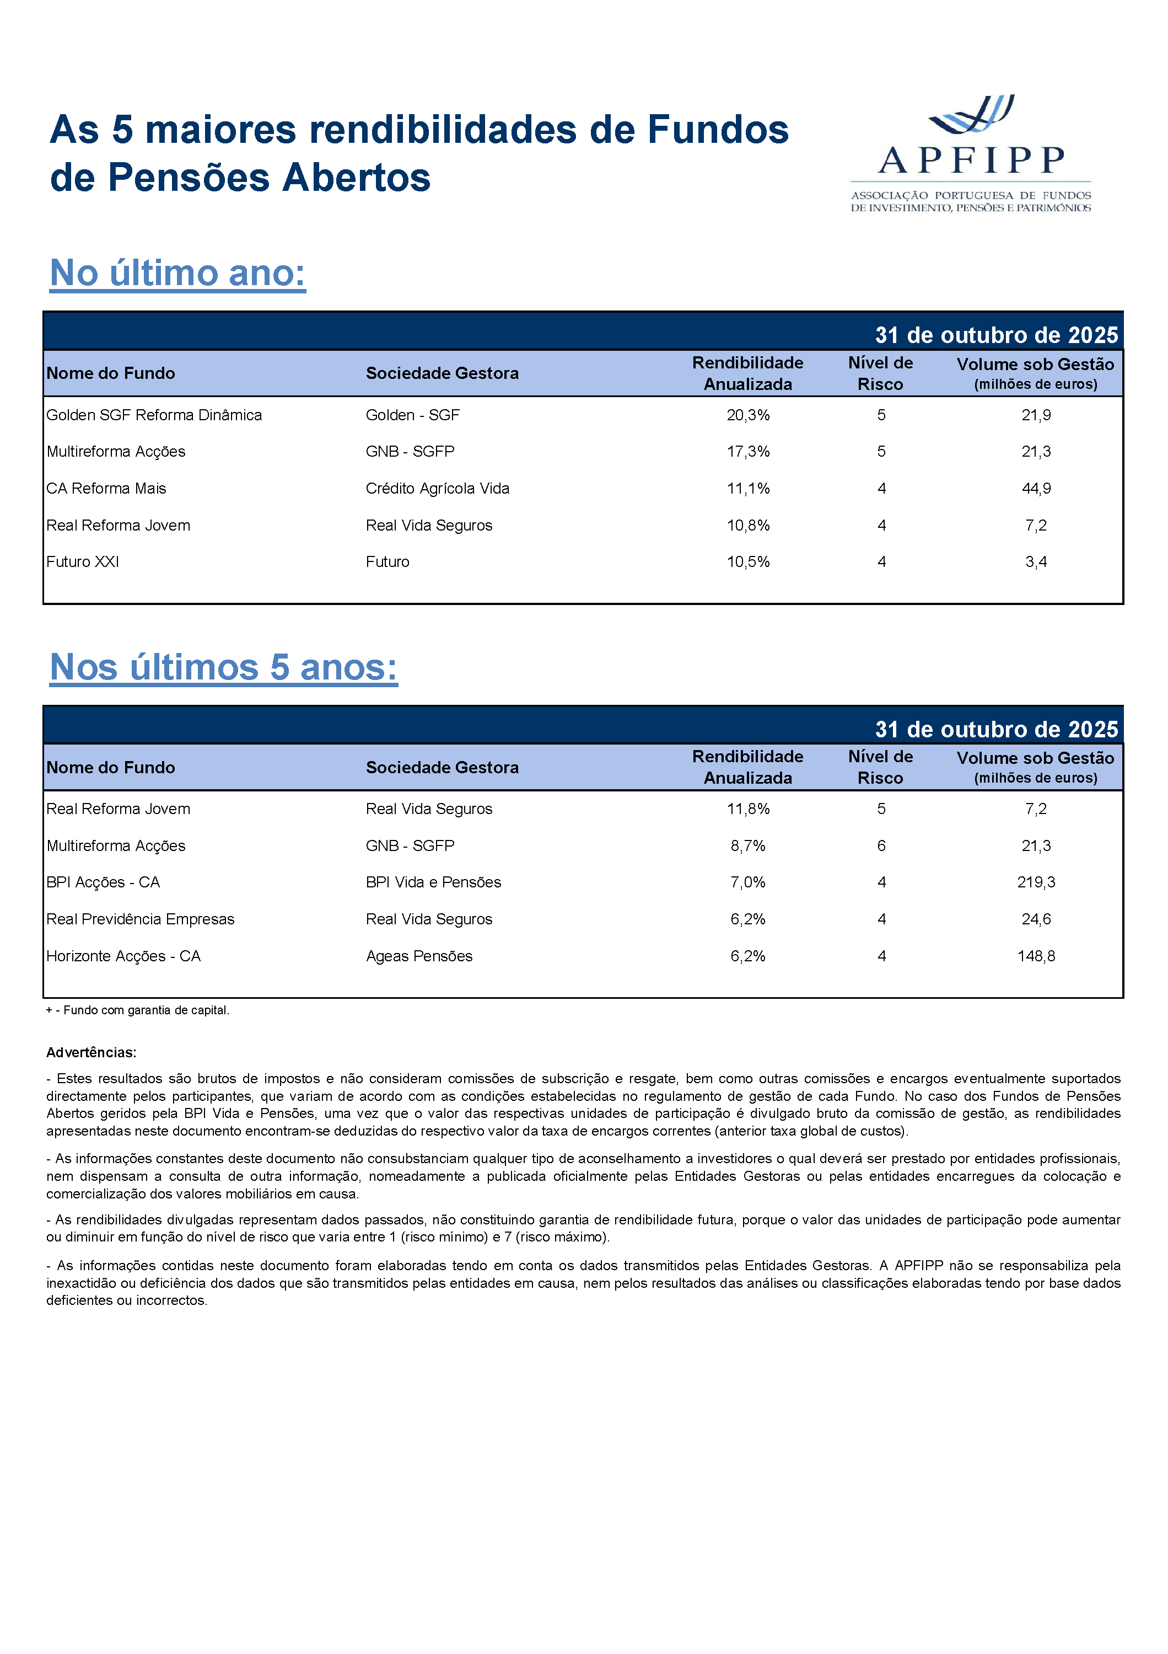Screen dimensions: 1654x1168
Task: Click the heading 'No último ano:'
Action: [178, 273]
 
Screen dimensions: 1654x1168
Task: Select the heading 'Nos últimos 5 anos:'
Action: [223, 667]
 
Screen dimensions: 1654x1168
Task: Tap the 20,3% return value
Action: [747, 415]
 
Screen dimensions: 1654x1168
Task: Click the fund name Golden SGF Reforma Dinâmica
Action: [154, 415]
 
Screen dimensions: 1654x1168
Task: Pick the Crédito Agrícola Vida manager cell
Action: [437, 489]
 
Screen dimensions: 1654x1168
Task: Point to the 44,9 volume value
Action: [1036, 489]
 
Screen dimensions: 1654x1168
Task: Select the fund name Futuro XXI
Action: [83, 562]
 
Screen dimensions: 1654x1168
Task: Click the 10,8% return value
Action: [747, 525]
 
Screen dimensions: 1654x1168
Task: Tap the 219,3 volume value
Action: [1036, 882]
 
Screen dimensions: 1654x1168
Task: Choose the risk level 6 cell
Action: [881, 845]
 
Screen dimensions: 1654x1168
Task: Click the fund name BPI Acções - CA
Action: [103, 882]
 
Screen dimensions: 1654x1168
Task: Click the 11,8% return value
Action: [747, 809]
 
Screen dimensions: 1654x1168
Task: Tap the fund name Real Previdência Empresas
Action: [141, 919]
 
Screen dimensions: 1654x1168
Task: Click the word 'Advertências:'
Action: [91, 1052]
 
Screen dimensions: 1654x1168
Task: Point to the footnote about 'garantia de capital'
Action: [138, 1010]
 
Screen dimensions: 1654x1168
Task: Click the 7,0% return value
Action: [747, 882]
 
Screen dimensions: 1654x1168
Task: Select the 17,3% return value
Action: [747, 452]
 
